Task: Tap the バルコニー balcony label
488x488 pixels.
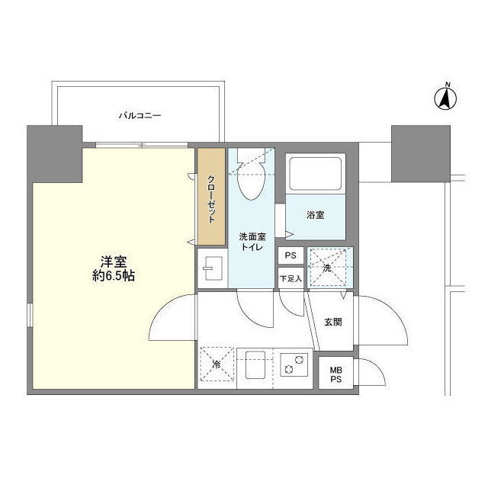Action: coord(140,116)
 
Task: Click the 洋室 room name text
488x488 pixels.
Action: coord(114,262)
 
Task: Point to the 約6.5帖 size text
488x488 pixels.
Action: coord(114,276)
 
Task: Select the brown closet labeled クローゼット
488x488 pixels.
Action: coord(211,197)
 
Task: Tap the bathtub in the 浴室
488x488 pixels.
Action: coord(315,174)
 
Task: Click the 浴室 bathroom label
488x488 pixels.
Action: coord(316,215)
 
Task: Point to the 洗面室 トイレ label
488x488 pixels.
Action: coord(252,242)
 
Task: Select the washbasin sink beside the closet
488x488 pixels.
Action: coord(212,268)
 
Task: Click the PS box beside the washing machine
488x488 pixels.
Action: coord(291,255)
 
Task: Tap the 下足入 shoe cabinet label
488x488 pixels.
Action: coord(291,278)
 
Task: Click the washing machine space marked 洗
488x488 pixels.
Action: coord(330,268)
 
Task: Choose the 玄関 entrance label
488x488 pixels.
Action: coord(333,322)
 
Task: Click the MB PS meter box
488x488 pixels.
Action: coord(335,373)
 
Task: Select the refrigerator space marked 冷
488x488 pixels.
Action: coord(217,364)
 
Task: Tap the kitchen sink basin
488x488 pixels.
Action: coord(255,364)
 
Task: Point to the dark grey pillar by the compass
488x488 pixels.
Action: coord(421,154)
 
